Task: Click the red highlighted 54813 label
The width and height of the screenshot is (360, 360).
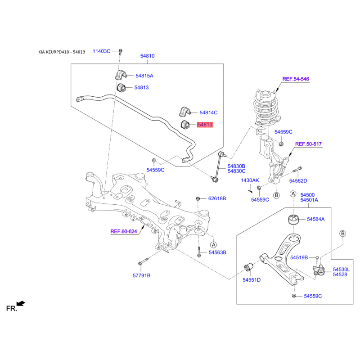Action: pyautogui.click(x=205, y=125)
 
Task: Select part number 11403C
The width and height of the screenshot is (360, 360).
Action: pyautogui.click(x=101, y=51)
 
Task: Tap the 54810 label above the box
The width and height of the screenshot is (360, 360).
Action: pyautogui.click(x=148, y=56)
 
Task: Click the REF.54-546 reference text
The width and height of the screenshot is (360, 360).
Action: pyautogui.click(x=296, y=79)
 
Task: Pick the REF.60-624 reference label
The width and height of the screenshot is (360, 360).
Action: pyautogui.click(x=124, y=231)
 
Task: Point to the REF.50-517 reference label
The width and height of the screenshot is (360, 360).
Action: pyautogui.click(x=308, y=144)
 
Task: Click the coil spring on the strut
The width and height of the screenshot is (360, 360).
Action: pyautogui.click(x=266, y=108)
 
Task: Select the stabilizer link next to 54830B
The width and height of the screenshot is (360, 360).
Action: pyautogui.click(x=219, y=166)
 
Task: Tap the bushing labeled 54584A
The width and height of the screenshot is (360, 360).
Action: pyautogui.click(x=293, y=220)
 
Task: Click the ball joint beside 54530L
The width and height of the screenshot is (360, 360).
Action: pyautogui.click(x=319, y=270)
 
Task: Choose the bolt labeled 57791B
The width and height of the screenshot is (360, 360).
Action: pyautogui.click(x=143, y=261)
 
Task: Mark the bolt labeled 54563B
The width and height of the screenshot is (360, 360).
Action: pyautogui.click(x=199, y=252)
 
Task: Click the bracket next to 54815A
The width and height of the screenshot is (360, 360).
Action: pyautogui.click(x=121, y=74)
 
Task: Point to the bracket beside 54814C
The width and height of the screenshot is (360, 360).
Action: pyautogui.click(x=185, y=112)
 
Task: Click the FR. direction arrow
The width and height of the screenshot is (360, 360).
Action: pyautogui.click(x=21, y=303)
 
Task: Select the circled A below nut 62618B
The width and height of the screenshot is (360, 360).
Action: pyautogui.click(x=213, y=245)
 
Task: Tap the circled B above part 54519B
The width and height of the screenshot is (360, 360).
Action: pyautogui.click(x=342, y=234)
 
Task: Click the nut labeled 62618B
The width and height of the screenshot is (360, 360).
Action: pyautogui.click(x=198, y=198)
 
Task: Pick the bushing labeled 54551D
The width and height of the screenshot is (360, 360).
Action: pyautogui.click(x=248, y=267)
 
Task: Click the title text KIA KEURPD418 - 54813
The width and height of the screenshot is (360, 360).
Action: pyautogui.click(x=62, y=52)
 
